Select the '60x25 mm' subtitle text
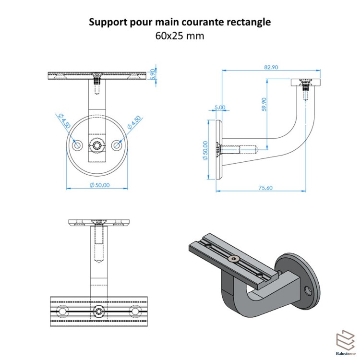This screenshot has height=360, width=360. (180, 35)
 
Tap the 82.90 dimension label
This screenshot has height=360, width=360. (271, 68)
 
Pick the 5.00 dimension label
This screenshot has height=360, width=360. (220, 108)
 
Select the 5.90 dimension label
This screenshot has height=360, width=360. (153, 74)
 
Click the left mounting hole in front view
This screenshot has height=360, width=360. (77, 145)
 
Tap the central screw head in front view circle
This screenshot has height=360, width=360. (97, 145)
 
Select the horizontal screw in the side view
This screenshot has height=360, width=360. (238, 149)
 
